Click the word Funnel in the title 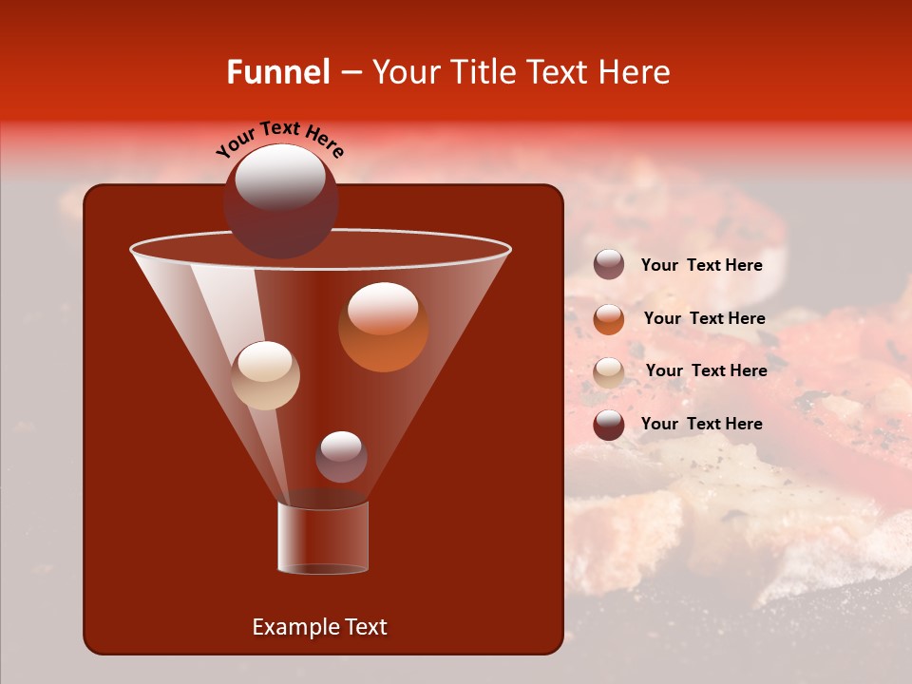click(277, 72)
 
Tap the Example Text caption click(319, 627)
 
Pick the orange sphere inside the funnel click(383, 328)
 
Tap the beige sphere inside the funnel click(265, 375)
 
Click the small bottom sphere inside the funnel click(341, 457)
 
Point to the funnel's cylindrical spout click(323, 537)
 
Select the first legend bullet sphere click(609, 265)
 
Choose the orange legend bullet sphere click(609, 319)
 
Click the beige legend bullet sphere click(609, 372)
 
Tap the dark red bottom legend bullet click(609, 425)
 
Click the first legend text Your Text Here click(701, 266)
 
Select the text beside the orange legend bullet click(704, 319)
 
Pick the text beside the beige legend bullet click(706, 371)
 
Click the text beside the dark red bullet click(701, 424)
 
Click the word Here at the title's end click(635, 72)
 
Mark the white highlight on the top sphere click(280, 177)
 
